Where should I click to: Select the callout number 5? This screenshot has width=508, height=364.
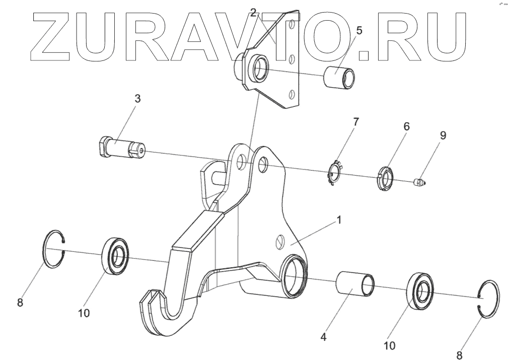[359, 30]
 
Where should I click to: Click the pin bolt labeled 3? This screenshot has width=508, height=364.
[121, 147]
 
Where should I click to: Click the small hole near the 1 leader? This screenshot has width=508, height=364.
[280, 243]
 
